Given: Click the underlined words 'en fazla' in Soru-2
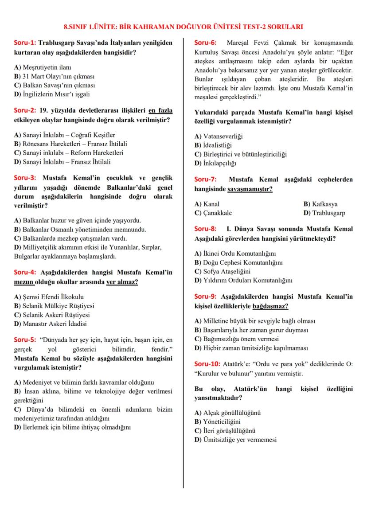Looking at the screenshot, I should pos(160,110).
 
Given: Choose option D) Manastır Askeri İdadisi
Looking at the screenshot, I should pos(54,324).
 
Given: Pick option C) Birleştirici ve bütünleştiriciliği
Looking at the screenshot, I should pos(241,154).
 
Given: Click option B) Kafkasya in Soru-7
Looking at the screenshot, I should pos(320,204).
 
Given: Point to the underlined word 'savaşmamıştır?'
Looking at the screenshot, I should pos(250,188).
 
